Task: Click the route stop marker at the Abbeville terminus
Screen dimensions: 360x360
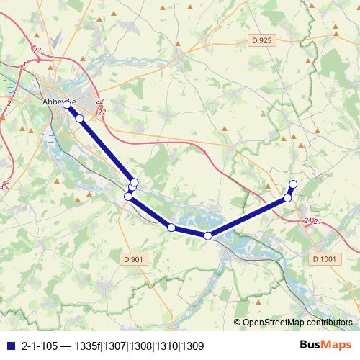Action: click(67, 104)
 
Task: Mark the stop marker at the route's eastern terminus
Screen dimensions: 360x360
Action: click(292, 184)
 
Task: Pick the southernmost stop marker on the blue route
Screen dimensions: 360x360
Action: click(208, 235)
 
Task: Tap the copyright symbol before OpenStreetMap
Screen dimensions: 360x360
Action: click(238, 323)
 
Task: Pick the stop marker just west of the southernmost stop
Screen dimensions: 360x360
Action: click(171, 228)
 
